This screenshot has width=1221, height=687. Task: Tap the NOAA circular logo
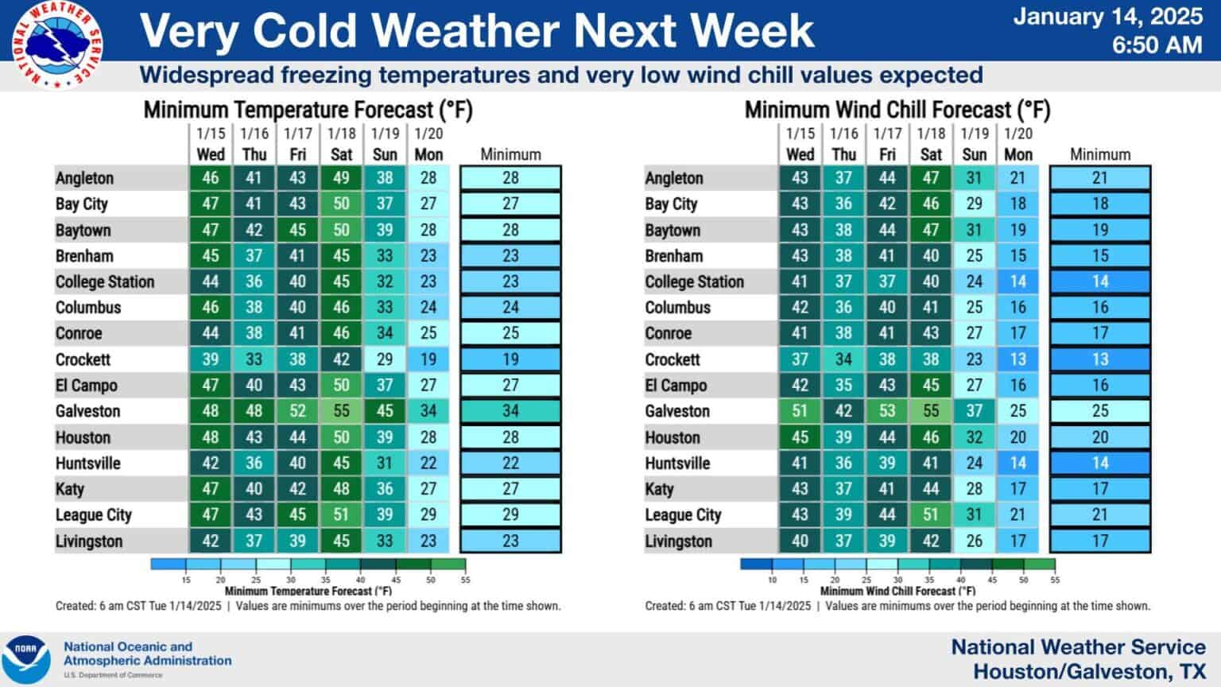point(26,659)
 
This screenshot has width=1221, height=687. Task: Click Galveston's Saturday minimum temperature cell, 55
point(341,411)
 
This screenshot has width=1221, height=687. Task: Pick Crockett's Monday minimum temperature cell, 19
point(428,359)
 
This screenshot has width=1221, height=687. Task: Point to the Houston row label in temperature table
point(83,437)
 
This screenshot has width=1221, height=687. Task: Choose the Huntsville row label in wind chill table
point(677,463)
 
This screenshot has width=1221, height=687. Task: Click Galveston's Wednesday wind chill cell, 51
point(800,411)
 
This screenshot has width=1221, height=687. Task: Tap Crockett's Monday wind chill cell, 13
point(1017,359)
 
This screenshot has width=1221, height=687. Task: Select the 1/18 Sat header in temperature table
point(341,144)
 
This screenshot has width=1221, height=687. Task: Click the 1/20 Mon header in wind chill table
point(1017,144)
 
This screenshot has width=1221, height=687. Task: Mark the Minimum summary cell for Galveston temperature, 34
point(510,411)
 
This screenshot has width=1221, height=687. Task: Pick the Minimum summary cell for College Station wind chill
point(1099,281)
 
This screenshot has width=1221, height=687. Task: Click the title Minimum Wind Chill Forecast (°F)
point(897,110)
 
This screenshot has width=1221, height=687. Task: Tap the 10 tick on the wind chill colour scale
point(772,580)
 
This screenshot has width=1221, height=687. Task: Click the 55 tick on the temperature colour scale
point(465,580)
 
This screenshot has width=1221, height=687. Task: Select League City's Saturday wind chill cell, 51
point(931,514)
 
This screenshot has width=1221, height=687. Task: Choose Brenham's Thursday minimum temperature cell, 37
point(254,256)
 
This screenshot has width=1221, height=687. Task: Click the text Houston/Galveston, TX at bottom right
point(1089,671)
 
